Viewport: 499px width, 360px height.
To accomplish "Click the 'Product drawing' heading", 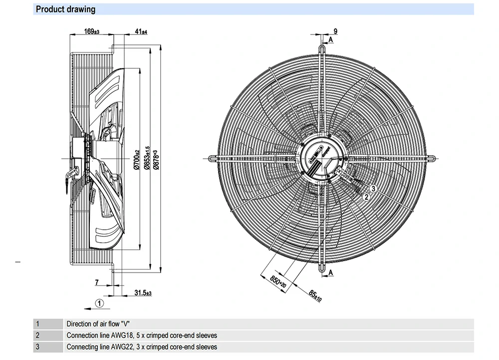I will click(x=65, y=9).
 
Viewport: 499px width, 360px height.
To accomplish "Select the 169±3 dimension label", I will click(x=91, y=32).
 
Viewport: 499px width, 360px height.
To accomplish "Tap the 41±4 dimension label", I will click(x=141, y=32).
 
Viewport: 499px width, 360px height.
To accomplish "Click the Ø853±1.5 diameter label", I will click(x=147, y=158).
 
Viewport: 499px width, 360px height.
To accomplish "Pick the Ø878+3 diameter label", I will click(x=156, y=159).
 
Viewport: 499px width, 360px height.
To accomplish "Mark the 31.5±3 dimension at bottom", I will click(x=143, y=293).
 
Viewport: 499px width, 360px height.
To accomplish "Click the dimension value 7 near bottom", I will click(x=97, y=283).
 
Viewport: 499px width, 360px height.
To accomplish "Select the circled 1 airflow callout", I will click(x=99, y=303).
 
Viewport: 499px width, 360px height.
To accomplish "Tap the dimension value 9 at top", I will click(x=335, y=31).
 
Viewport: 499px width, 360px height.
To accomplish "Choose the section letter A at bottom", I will click(x=330, y=272).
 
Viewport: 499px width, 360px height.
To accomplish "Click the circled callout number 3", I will click(x=373, y=188).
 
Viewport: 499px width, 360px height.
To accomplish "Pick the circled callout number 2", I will click(x=366, y=197).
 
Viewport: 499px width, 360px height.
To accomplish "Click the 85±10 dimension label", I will click(x=315, y=296).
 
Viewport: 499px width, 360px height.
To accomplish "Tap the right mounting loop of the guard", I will click(x=432, y=157).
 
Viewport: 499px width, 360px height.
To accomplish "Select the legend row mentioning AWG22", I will click(x=142, y=347).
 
